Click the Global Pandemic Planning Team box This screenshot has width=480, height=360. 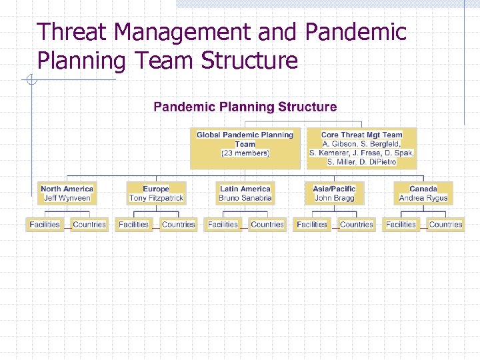point(245,148)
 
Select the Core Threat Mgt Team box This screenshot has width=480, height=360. point(361,148)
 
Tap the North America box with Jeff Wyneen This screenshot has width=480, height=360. point(67,193)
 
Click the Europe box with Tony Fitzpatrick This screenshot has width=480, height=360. point(156,193)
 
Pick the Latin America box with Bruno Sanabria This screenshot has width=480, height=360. point(245,193)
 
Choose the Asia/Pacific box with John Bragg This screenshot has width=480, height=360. point(334,193)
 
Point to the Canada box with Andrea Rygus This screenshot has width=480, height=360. point(423,193)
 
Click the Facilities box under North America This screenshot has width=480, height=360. point(45,225)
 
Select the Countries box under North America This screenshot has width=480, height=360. point(89,225)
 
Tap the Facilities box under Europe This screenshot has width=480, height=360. point(133,225)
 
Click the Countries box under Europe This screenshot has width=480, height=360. point(179,225)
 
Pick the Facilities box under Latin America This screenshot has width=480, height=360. point(223,225)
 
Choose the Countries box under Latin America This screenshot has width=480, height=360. point(267,225)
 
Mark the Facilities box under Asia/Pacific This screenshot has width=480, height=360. point(312,225)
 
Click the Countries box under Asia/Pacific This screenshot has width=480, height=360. point(357,225)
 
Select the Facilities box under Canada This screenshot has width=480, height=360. point(401,225)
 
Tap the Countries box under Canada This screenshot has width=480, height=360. point(446,225)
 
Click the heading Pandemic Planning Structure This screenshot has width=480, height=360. point(245,107)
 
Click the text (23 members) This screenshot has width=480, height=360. point(245,153)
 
